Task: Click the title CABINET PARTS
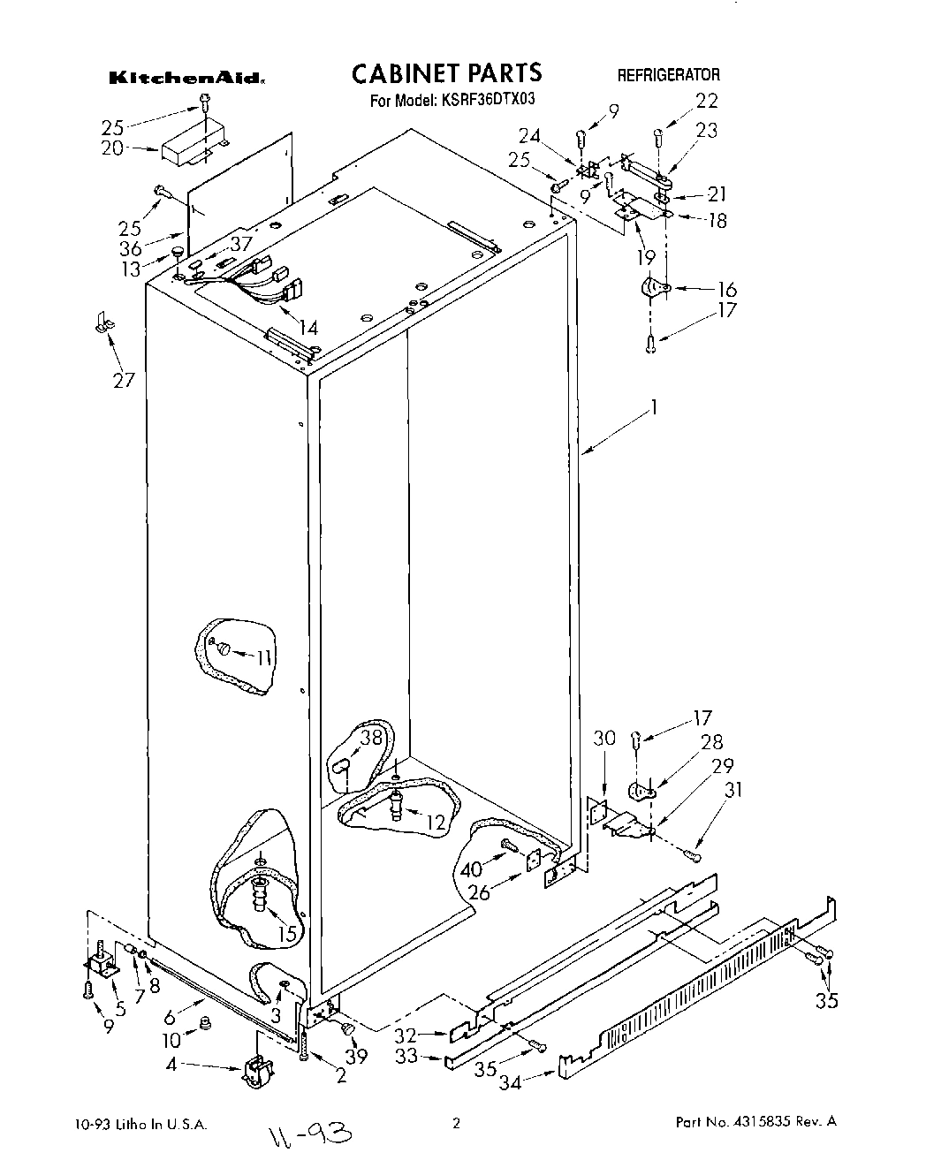[x=446, y=72]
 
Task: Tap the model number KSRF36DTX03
[x=484, y=100]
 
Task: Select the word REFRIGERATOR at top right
[x=668, y=75]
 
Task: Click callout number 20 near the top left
[x=112, y=148]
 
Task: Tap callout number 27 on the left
[x=123, y=380]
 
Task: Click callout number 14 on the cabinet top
[x=307, y=328]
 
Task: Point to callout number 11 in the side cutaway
[x=264, y=656]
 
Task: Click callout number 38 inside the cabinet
[x=372, y=737]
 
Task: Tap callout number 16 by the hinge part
[x=726, y=290]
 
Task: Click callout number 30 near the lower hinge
[x=603, y=738]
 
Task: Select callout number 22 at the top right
[x=707, y=100]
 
